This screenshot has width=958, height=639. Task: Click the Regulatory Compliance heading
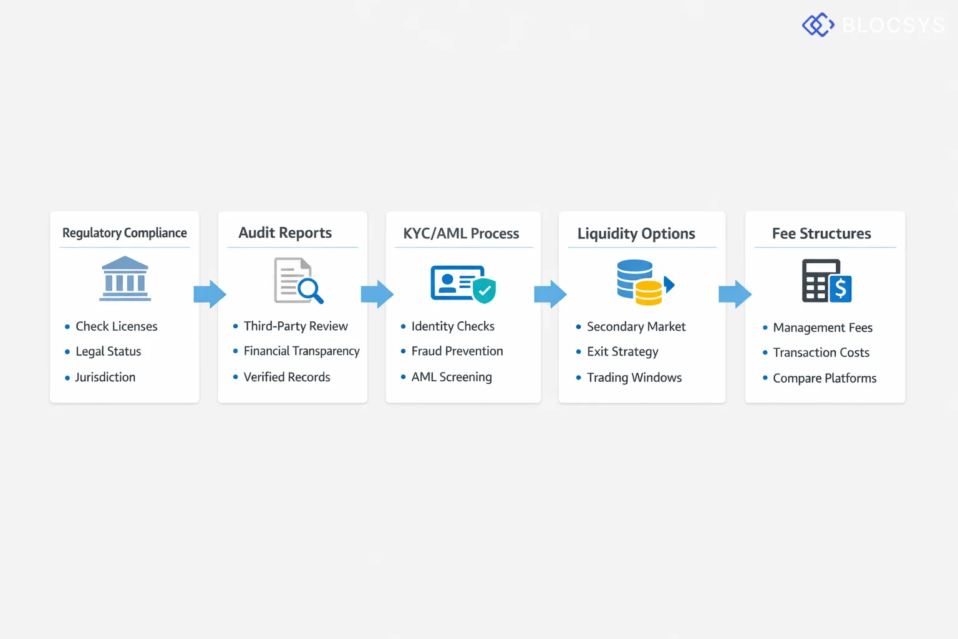[x=124, y=233]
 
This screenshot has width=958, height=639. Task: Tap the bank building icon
[x=125, y=279]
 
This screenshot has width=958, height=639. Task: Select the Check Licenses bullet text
[x=116, y=326]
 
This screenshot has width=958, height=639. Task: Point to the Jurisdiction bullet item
[x=105, y=377]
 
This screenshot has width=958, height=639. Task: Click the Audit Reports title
[x=285, y=233]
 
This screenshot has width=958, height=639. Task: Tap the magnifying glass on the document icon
[x=309, y=290]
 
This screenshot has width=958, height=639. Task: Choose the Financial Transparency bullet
[x=301, y=351]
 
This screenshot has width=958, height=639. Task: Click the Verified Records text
[x=287, y=377]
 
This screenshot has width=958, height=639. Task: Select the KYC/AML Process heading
[x=461, y=233]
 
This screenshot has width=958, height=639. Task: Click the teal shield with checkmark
[x=484, y=290]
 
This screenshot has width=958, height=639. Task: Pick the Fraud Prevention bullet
[x=457, y=351]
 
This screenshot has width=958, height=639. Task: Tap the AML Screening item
[x=451, y=377]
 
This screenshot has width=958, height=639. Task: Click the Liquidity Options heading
[x=636, y=233]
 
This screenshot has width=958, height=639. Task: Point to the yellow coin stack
[x=649, y=293]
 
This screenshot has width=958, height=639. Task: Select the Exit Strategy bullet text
[x=622, y=352]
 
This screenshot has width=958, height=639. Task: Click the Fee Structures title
[x=821, y=233]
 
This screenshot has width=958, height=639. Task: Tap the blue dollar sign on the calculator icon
[x=840, y=289]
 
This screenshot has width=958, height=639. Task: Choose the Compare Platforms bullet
[x=824, y=378]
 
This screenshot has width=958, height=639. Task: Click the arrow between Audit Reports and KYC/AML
[x=377, y=294]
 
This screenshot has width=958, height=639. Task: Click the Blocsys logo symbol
[x=818, y=25]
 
